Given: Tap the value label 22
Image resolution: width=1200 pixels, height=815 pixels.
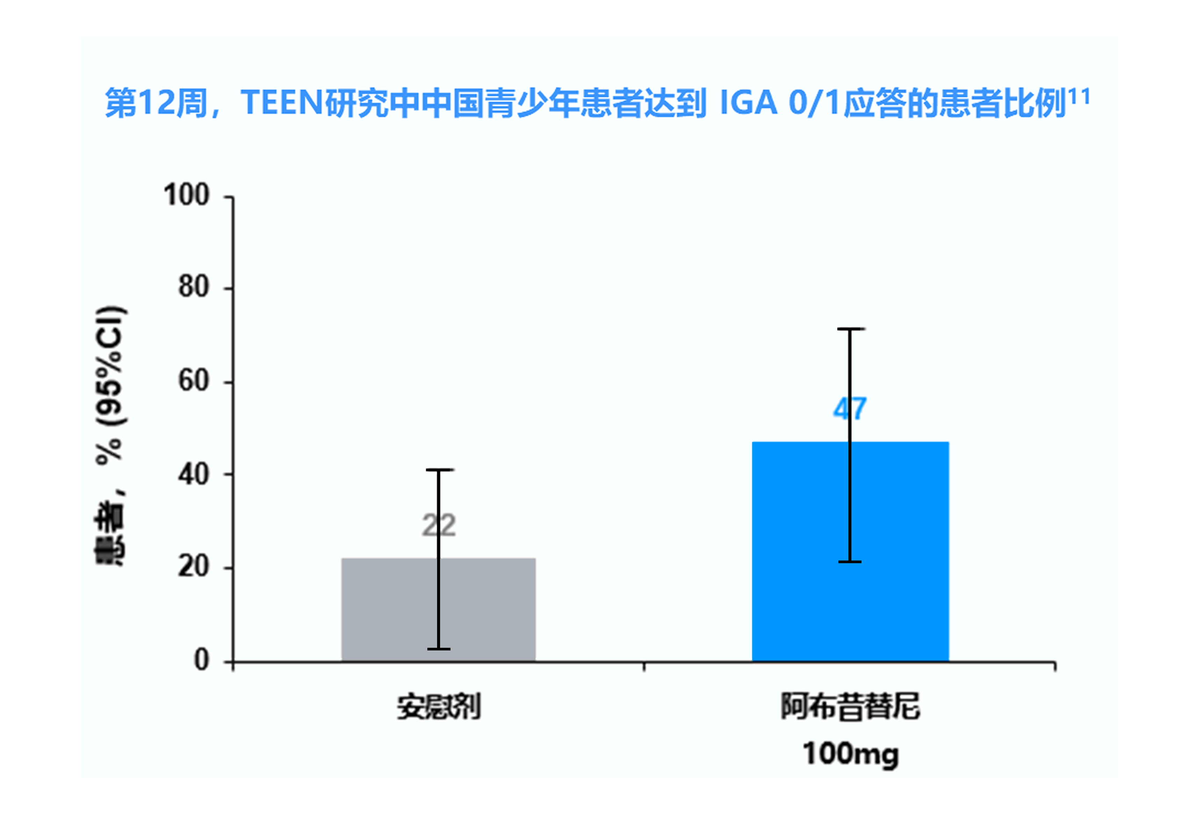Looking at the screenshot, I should [439, 526].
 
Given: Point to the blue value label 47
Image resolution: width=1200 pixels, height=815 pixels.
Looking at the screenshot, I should [850, 409].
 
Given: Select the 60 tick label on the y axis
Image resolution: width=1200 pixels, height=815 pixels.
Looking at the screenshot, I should [194, 381].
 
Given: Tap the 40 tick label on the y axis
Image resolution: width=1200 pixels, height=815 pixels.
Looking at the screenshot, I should [194, 474].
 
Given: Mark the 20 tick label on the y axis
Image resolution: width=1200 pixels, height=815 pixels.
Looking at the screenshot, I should [194, 567].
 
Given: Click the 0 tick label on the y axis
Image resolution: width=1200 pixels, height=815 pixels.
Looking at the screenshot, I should [201, 660].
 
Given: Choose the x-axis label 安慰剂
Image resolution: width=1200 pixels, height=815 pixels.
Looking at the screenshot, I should [439, 707].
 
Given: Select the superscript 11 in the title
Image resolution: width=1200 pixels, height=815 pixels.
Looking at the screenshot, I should [1079, 97].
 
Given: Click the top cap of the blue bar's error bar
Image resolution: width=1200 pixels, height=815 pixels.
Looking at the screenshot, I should [850, 329].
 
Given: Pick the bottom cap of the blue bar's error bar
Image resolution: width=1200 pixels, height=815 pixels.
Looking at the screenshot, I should [850, 561].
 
